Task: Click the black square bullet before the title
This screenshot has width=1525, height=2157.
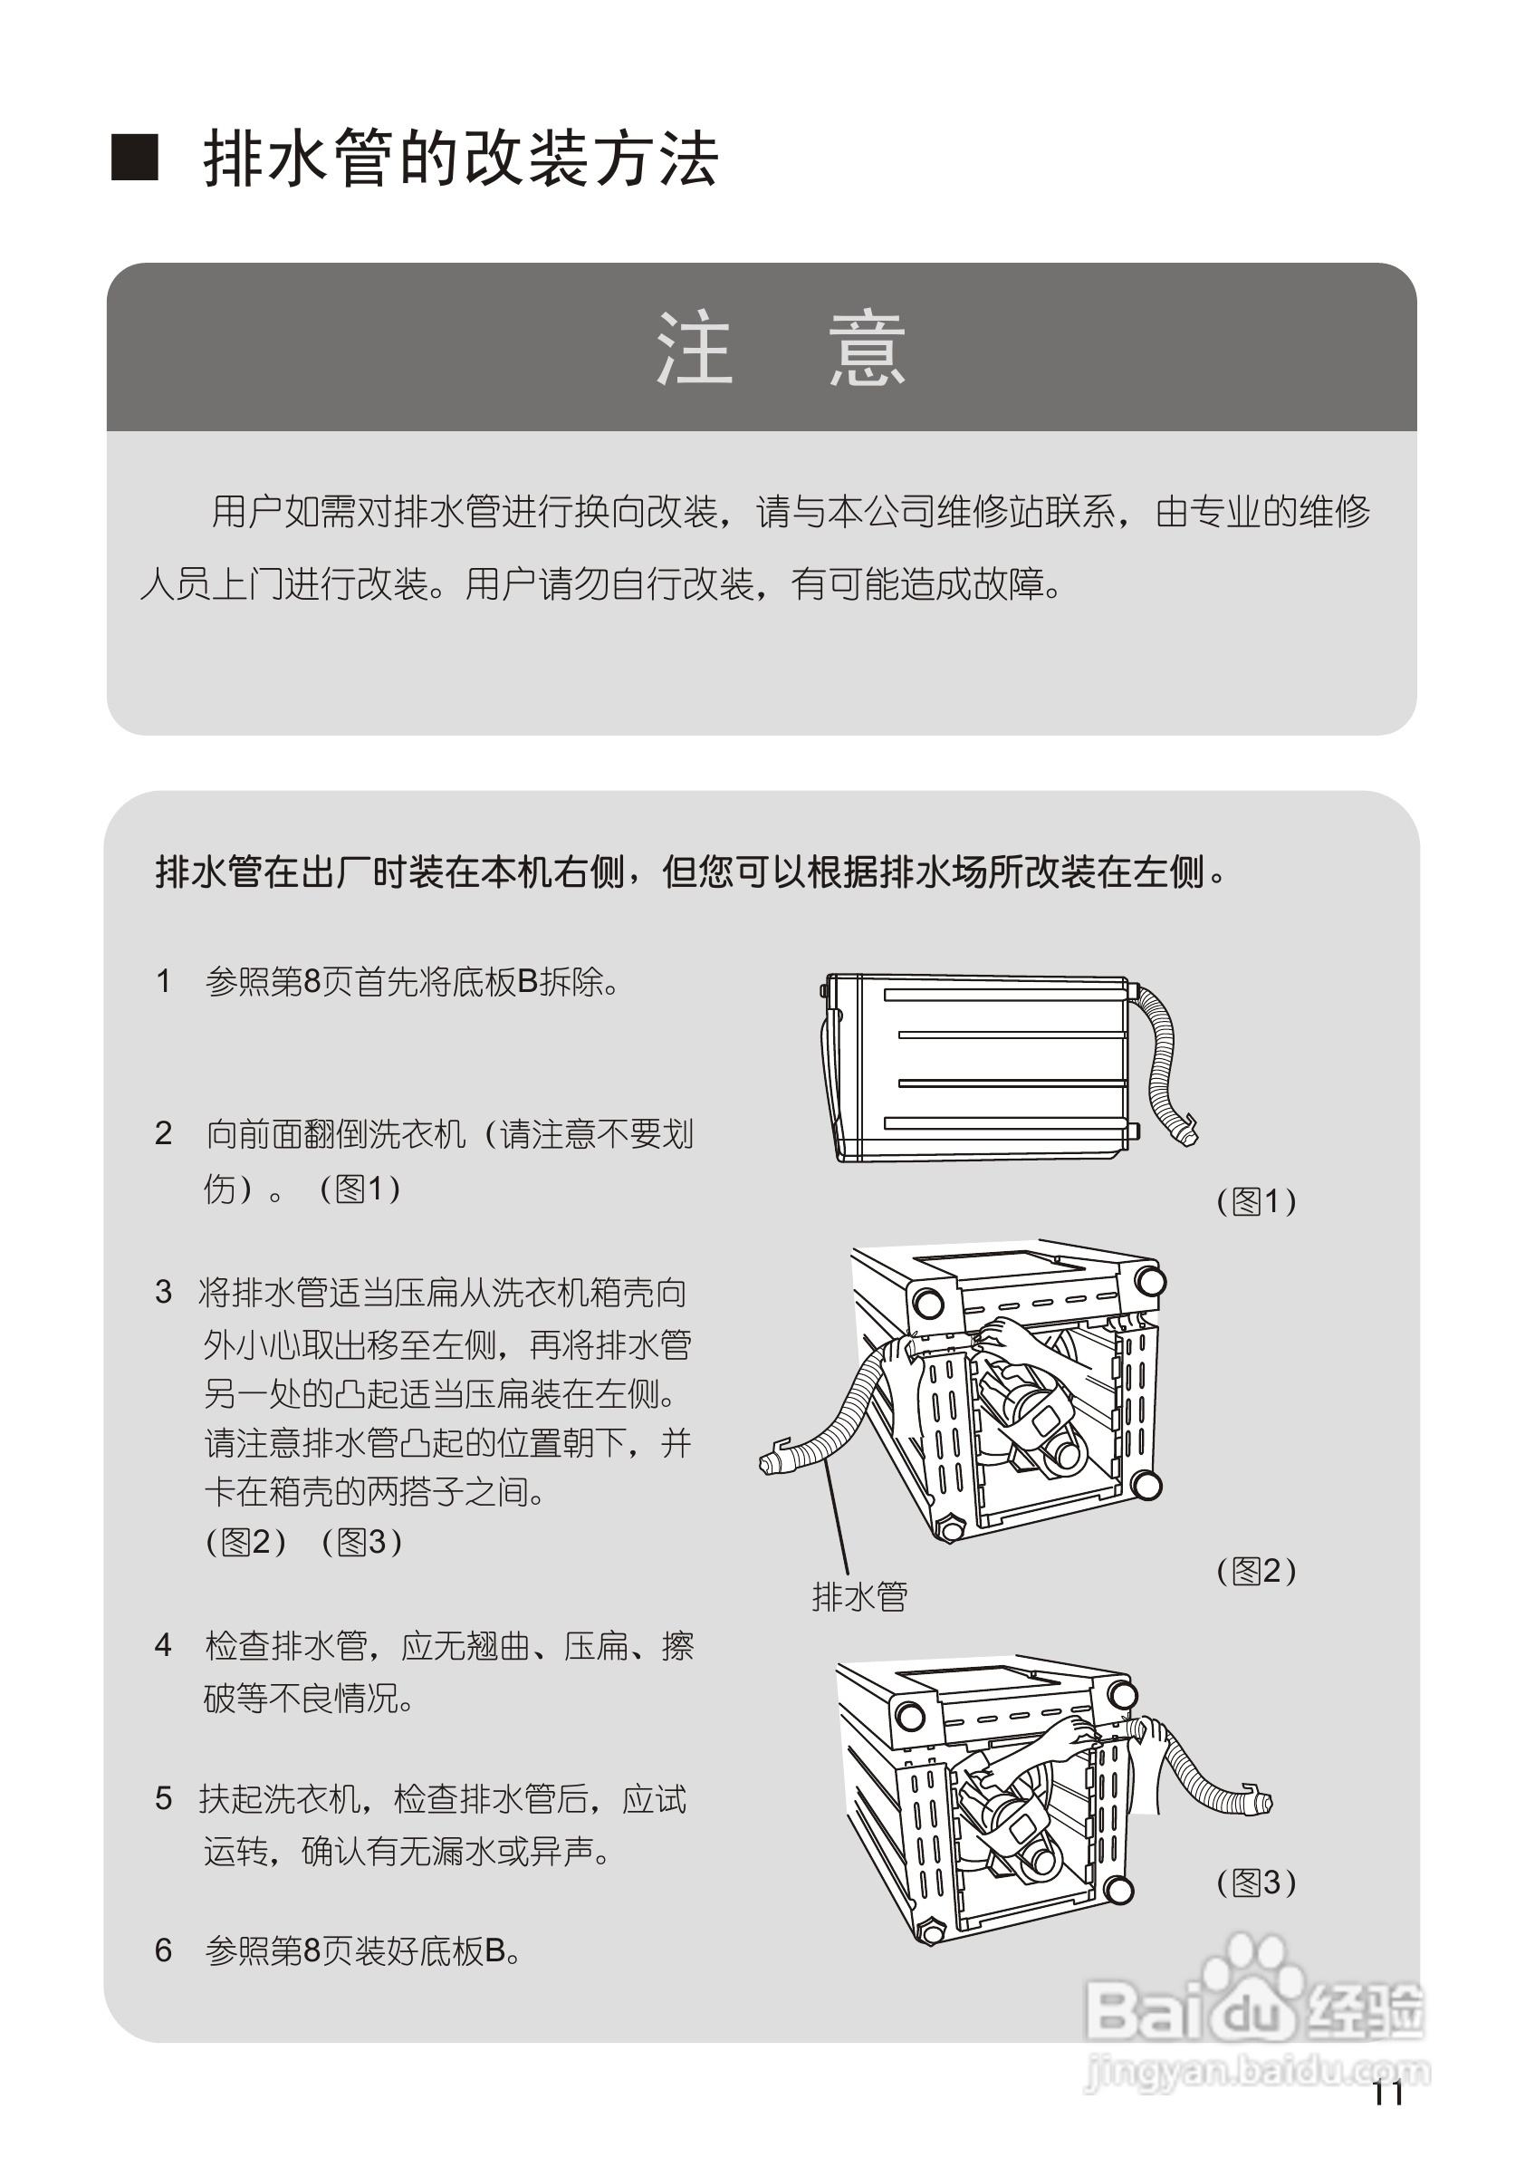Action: pyautogui.click(x=135, y=157)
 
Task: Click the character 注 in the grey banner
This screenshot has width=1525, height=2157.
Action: pyautogui.click(x=694, y=349)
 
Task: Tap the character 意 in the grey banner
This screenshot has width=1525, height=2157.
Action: pyautogui.click(x=867, y=349)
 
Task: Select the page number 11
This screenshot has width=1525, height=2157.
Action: pyautogui.click(x=1387, y=2094)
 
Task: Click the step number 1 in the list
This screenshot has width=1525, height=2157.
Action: pyautogui.click(x=163, y=982)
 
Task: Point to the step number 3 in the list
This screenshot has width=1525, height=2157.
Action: pyautogui.click(x=163, y=1292)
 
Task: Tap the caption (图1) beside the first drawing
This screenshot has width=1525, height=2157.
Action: pyautogui.click(x=1256, y=1200)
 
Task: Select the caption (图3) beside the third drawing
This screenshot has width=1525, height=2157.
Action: pyautogui.click(x=1256, y=1882)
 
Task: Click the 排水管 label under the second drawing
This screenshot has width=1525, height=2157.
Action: pyautogui.click(x=859, y=1597)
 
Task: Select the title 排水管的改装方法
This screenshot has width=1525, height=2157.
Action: pyautogui.click(x=460, y=158)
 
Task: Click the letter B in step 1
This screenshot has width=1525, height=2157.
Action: pyautogui.click(x=528, y=982)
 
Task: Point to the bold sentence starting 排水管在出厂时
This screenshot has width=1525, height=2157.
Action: pyautogui.click(x=690, y=871)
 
